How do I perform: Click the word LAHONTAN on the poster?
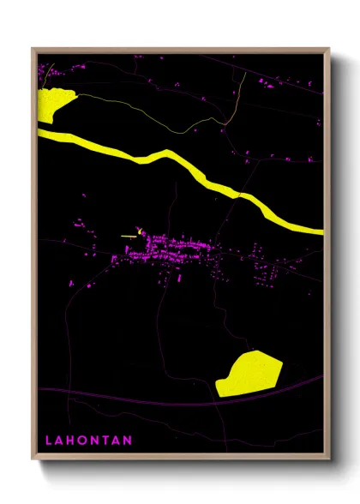click(88, 441)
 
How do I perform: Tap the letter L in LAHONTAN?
click(48, 441)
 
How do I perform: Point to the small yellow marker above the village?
click(139, 229)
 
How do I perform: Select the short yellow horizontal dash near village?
click(129, 237)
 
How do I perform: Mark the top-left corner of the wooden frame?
click(33, 49)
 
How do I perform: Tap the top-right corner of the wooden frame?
click(329, 49)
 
